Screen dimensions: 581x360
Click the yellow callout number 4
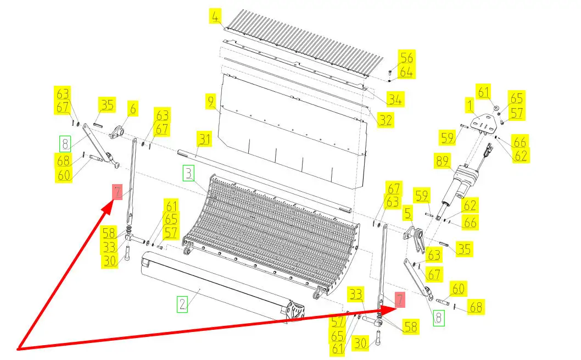pyautogui.click(x=215, y=16)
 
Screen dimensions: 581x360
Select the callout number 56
pyautogui.click(x=407, y=58)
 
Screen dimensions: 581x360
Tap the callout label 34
pyautogui.click(x=395, y=99)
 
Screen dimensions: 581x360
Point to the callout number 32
pyautogui.click(x=386, y=120)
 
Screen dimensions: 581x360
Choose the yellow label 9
pyautogui.click(x=211, y=101)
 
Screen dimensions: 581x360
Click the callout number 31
pyautogui.click(x=204, y=139)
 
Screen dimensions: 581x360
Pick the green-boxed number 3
pyautogui.click(x=188, y=174)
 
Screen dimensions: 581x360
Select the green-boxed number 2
pyautogui.click(x=182, y=304)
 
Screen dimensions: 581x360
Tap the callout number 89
pyautogui.click(x=443, y=161)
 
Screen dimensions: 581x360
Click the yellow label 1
pyautogui.click(x=470, y=106)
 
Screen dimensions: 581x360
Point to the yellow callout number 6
pyautogui.click(x=133, y=109)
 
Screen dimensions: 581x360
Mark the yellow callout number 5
pyautogui.click(x=408, y=214)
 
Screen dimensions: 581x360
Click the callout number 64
pyautogui.click(x=407, y=72)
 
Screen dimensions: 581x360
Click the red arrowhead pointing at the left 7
pyautogui.click(x=108, y=206)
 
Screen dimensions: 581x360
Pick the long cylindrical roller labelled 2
pyautogui.click(x=222, y=285)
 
